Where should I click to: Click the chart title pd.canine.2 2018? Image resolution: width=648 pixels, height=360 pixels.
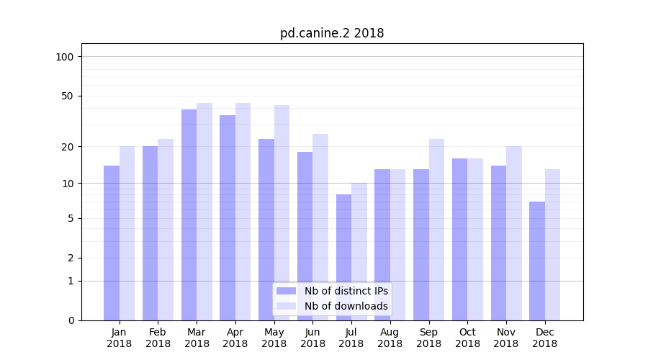coord(332,33)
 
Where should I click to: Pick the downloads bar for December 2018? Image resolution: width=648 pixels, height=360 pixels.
coord(552,245)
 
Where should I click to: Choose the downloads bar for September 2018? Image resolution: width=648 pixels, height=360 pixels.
coord(436,230)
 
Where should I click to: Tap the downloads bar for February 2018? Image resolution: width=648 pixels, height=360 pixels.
coord(166,230)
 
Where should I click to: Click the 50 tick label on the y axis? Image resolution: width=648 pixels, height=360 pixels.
coord(68,96)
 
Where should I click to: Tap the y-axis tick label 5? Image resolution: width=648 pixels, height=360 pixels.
coord(71,218)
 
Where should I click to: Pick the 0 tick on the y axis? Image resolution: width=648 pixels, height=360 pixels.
coord(71,320)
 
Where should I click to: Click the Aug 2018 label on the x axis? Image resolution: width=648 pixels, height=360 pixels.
coord(390,338)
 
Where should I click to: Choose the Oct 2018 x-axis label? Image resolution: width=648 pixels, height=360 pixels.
coord(467,338)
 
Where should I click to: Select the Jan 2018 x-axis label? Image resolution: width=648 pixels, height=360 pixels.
coord(120,338)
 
